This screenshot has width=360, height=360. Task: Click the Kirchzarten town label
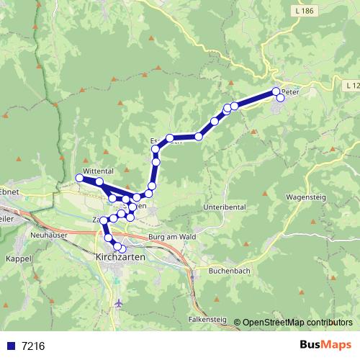(120, 256)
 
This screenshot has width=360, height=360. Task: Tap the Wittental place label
(99, 171)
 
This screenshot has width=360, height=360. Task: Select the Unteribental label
(225, 207)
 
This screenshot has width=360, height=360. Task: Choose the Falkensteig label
(209, 318)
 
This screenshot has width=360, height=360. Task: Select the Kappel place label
(15, 257)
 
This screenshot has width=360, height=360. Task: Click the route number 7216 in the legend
(33, 346)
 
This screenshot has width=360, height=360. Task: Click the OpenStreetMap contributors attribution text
(297, 323)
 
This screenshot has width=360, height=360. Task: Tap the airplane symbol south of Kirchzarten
(118, 303)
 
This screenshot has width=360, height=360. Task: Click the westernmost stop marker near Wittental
(79, 178)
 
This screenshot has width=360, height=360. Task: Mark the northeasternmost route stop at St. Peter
(276, 91)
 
